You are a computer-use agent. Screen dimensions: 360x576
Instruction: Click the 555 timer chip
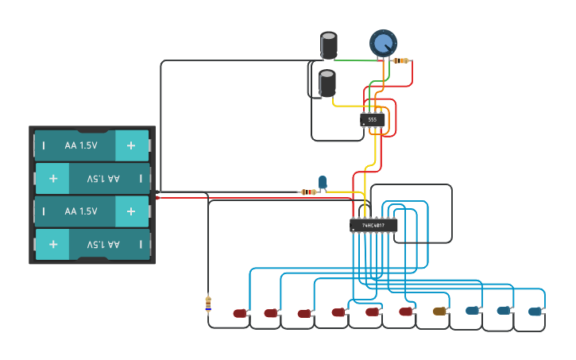[372, 119]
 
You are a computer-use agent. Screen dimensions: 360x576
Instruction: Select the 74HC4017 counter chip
[373, 226]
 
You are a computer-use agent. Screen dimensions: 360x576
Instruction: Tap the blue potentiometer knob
[383, 43]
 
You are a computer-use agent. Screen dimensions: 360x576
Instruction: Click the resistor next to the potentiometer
[401, 60]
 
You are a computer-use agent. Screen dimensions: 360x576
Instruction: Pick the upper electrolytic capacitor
[328, 45]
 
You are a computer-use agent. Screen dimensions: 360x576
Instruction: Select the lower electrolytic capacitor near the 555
[327, 83]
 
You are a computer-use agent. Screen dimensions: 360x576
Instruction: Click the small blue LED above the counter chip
[323, 183]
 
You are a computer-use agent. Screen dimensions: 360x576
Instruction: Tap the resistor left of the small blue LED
[307, 192]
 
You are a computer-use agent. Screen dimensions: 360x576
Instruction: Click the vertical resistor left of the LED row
[208, 304]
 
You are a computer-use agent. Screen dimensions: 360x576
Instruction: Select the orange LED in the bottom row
[440, 311]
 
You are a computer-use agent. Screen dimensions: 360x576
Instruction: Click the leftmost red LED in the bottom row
[240, 313]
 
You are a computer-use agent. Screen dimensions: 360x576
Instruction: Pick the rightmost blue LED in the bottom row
[536, 312]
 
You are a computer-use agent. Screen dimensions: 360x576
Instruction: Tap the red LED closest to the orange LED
[406, 312]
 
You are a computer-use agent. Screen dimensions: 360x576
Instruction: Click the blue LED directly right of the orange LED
[472, 311]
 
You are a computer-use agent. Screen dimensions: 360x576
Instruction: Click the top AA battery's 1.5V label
[81, 145]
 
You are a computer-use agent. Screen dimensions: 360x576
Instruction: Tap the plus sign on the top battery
[131, 145]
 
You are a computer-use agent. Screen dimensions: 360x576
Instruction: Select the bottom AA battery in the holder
[92, 244]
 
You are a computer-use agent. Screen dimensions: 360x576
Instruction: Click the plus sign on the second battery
[52, 179]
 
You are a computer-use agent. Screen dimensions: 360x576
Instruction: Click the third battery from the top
[92, 211]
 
